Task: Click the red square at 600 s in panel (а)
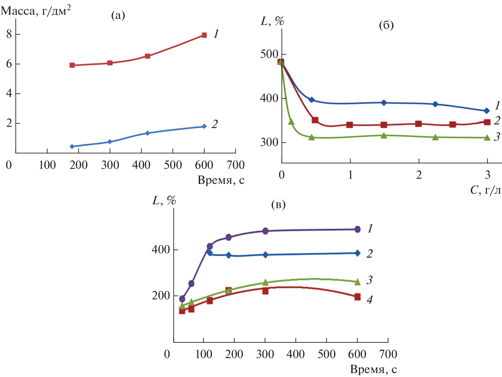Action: click(x=204, y=35)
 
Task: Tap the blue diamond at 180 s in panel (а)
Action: click(x=72, y=146)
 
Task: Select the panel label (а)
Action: click(x=118, y=15)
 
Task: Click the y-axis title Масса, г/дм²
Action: click(x=36, y=11)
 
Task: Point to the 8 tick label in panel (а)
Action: click(x=9, y=34)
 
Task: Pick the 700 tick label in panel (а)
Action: click(x=236, y=165)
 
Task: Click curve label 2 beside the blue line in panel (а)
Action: click(x=214, y=124)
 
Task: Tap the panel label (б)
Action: click(x=386, y=25)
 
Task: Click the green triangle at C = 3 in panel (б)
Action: click(x=487, y=138)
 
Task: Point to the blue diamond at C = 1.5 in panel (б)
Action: click(x=384, y=103)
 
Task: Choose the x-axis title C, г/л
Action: click(x=485, y=190)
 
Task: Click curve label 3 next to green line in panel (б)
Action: click(x=497, y=136)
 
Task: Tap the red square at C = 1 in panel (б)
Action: click(x=349, y=125)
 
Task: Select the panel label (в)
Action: click(x=278, y=205)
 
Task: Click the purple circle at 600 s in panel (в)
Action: click(x=357, y=229)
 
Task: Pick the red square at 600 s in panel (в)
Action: click(x=357, y=297)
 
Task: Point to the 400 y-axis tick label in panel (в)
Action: click(x=161, y=250)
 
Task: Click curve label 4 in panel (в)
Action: click(x=370, y=299)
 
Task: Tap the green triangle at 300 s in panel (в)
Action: click(x=265, y=283)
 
